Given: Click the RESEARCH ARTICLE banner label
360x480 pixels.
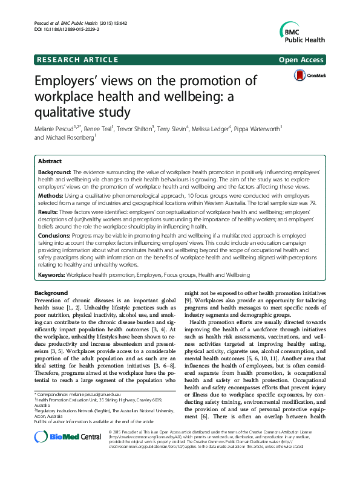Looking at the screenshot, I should [x=77, y=59].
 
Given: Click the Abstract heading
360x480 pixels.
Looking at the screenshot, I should [x=50, y=161].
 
